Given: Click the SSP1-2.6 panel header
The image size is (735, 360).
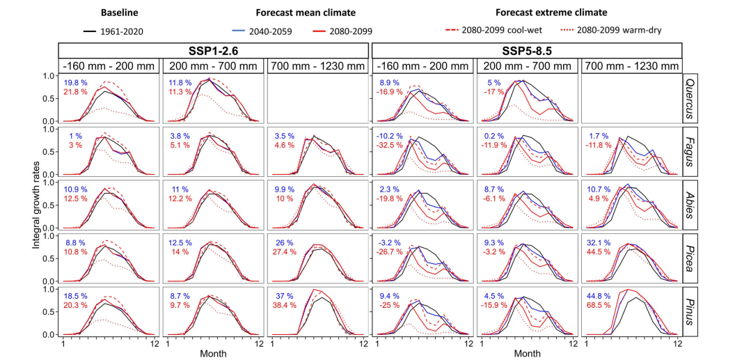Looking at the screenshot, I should pyautogui.click(x=213, y=50).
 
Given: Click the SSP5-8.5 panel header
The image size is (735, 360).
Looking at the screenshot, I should pyautogui.click(x=527, y=50).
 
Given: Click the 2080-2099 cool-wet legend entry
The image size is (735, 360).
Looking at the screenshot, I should pyautogui.click(x=504, y=31).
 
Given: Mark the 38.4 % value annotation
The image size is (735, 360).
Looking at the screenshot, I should pyautogui.click(x=283, y=305).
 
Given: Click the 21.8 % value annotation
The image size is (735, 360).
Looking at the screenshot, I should pyautogui.click(x=75, y=92).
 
